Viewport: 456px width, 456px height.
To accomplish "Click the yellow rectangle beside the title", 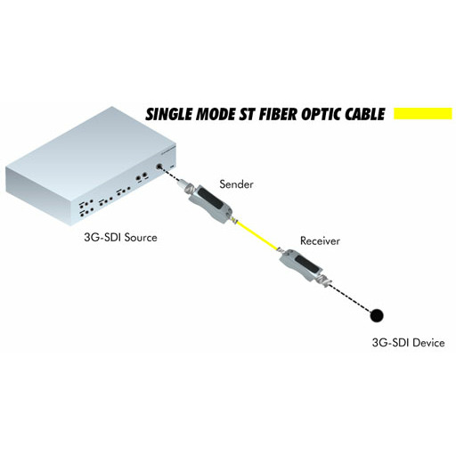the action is pyautogui.click(x=423, y=114).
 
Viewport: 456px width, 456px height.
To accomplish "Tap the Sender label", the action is pyautogui.click(x=236, y=184).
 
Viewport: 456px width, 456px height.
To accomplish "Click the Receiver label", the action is pyautogui.click(x=320, y=240).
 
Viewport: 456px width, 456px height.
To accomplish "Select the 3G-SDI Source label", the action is pyautogui.click(x=120, y=238).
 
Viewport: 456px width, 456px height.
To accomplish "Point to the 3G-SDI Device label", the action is pyautogui.click(x=408, y=343).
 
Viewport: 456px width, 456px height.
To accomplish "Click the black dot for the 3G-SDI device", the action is pyautogui.click(x=377, y=315).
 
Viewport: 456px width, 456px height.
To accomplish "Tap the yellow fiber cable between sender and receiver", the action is pyautogui.click(x=257, y=236).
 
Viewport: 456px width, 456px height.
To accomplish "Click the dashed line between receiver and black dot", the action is pyautogui.click(x=350, y=298).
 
